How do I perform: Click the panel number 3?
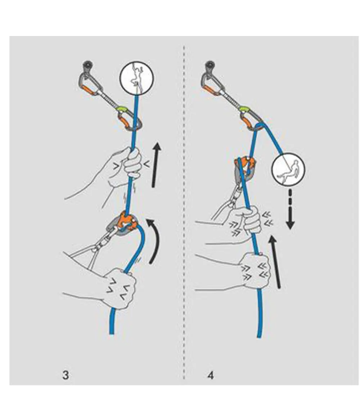point(66,375)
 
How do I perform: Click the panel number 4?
point(211,375)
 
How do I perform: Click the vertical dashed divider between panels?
point(184,216)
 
